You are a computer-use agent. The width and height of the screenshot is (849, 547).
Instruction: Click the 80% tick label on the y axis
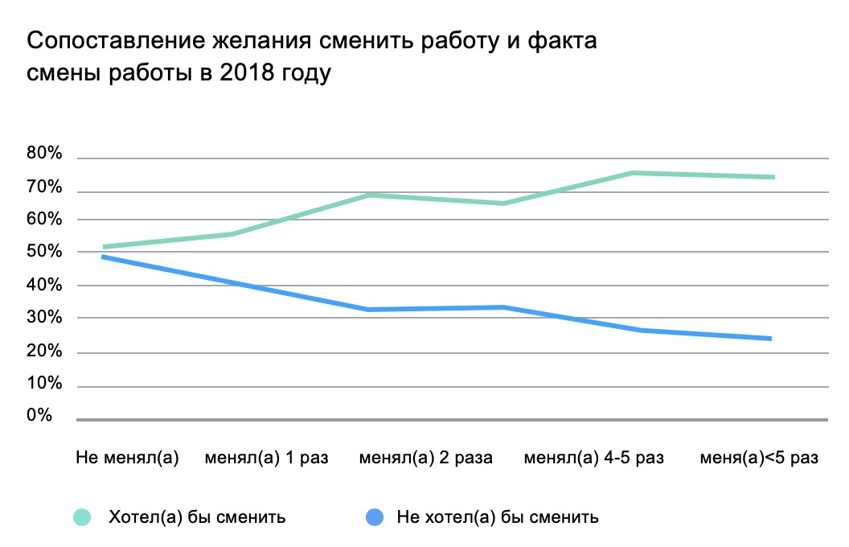45,154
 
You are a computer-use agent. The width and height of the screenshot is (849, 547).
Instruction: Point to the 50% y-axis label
45,252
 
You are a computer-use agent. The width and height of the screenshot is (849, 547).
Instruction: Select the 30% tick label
45,318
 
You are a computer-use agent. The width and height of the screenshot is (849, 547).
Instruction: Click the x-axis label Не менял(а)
127,459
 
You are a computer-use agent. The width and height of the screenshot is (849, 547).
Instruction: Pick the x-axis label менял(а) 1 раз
267,459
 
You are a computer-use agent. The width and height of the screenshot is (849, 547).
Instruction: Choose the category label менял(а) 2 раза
425,459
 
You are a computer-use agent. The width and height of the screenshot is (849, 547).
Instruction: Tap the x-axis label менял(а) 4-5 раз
594,459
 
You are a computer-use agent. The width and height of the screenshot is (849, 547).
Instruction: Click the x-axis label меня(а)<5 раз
760,459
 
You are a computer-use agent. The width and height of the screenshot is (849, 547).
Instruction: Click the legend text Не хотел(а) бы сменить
498,516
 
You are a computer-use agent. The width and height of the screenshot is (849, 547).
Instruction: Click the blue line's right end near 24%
771,339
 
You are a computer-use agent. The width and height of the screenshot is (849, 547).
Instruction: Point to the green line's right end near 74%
773,177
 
